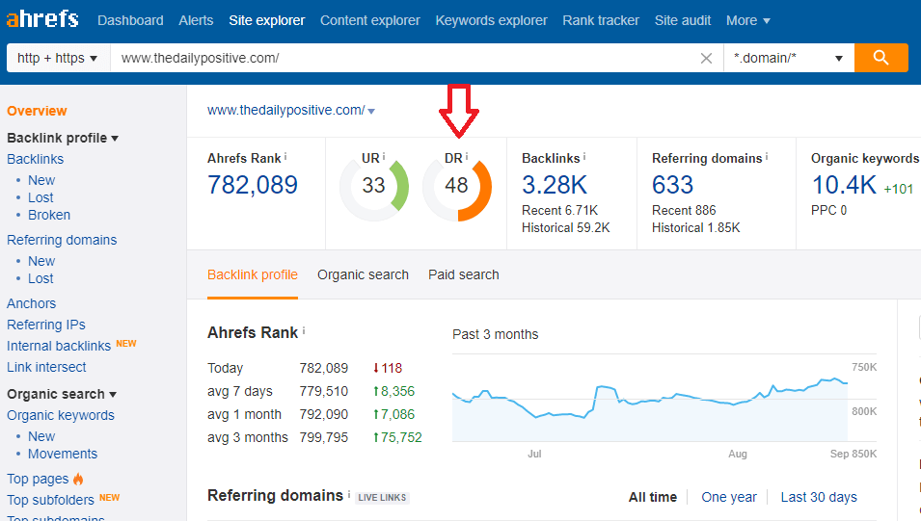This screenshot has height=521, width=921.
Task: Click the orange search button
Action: (x=880, y=58)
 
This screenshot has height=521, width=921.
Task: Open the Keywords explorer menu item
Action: (x=491, y=20)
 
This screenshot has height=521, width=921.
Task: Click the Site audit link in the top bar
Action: (x=683, y=20)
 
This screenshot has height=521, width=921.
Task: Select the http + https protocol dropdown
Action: (x=58, y=58)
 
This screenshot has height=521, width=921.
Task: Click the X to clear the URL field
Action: (x=706, y=59)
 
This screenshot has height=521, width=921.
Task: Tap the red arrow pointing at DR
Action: (x=458, y=109)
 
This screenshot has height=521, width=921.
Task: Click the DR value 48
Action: (x=456, y=186)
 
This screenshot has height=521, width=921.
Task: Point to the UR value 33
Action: (x=373, y=186)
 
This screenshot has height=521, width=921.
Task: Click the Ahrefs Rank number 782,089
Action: (x=253, y=185)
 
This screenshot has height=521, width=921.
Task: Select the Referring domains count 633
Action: (x=672, y=184)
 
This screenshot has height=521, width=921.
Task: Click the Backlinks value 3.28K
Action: (x=555, y=184)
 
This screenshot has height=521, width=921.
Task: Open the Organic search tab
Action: (x=363, y=274)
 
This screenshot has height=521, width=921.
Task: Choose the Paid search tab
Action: (x=464, y=274)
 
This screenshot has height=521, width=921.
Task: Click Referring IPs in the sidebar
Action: (x=46, y=325)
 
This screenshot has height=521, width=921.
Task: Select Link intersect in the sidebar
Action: (x=46, y=367)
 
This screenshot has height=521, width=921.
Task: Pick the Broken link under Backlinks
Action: (x=49, y=215)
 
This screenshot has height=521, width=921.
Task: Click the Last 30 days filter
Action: (x=819, y=497)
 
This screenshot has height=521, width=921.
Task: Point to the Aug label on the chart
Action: (x=738, y=453)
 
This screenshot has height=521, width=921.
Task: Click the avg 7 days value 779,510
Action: (x=323, y=391)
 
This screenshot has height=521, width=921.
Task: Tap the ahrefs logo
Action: (x=43, y=18)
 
